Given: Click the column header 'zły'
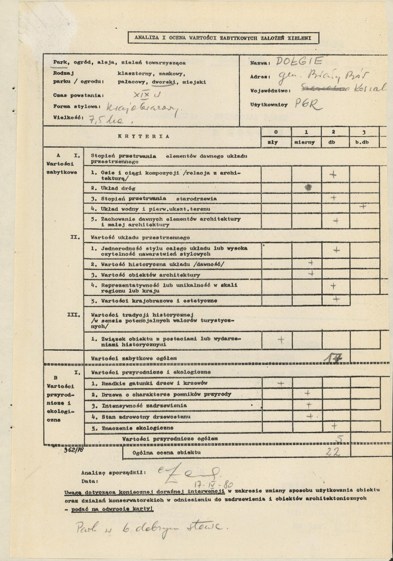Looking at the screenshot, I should tap(273, 141).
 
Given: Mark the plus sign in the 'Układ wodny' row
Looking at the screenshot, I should tap(362, 207).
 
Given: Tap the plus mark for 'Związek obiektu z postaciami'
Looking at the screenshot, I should tap(281, 339).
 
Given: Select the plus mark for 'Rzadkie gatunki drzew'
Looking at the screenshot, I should tap(281, 384).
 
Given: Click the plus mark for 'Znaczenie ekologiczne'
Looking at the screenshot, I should tap(334, 425).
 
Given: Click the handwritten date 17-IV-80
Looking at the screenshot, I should tap(213, 483).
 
